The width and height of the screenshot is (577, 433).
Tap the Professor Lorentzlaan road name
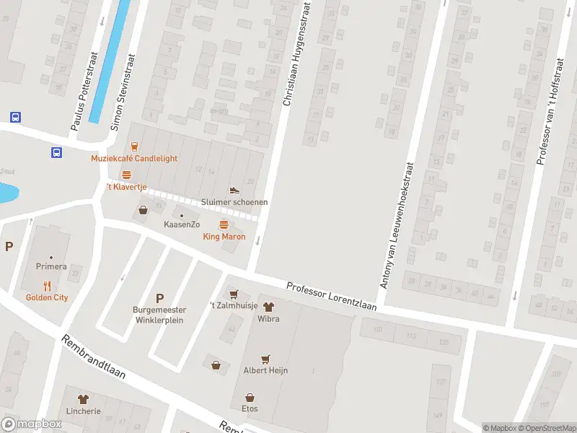[332, 296]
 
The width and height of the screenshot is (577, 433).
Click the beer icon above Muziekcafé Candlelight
[134, 146]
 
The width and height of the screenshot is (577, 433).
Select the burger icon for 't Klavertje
[127, 175]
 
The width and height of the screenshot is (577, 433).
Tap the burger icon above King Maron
[224, 224]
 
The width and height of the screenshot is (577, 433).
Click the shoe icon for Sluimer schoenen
[234, 190]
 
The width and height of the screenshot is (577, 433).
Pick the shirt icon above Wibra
[268, 306]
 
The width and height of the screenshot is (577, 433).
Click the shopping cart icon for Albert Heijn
[265, 358]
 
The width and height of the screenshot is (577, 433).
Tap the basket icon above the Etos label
[250, 397]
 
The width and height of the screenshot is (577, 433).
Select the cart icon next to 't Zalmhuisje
[233, 294]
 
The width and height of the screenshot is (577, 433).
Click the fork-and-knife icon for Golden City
[48, 285]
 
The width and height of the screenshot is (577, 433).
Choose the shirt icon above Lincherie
[82, 398]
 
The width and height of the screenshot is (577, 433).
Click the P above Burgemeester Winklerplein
[159, 298]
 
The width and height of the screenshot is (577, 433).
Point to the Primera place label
[51, 266]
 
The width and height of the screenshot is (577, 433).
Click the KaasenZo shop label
[182, 224]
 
